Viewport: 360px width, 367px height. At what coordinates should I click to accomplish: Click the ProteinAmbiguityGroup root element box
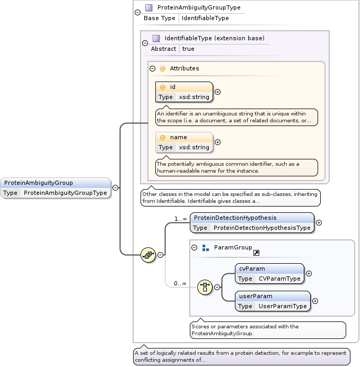click(56, 187)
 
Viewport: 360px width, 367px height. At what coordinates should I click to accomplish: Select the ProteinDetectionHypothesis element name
click(235, 218)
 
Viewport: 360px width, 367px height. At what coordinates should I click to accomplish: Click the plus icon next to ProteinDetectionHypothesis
click(319, 222)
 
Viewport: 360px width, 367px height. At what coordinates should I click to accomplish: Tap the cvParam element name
click(252, 268)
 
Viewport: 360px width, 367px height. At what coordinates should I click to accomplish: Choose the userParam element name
click(256, 296)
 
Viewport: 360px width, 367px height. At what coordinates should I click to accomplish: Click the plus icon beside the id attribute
click(217, 92)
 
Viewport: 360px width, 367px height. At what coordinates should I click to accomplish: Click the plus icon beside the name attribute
click(217, 142)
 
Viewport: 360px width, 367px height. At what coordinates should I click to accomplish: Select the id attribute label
click(173, 87)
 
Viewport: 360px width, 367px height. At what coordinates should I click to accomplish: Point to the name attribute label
click(178, 137)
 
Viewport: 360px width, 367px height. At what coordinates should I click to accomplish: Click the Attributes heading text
click(184, 68)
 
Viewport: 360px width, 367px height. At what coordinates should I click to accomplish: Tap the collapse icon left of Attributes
click(153, 68)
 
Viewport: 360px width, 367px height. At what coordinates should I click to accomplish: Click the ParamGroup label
click(233, 247)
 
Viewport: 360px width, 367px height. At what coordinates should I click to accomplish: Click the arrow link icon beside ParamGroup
click(256, 253)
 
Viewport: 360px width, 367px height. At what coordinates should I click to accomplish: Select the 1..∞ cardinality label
click(181, 219)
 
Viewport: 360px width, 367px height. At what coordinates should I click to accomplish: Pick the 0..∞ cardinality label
click(180, 283)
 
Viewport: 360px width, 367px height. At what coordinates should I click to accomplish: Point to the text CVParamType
click(279, 279)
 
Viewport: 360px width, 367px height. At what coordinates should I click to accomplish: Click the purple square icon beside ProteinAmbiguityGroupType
click(148, 8)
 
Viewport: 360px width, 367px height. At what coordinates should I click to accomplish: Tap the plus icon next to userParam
click(315, 301)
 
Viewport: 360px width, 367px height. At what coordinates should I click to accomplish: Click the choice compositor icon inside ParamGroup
click(205, 288)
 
